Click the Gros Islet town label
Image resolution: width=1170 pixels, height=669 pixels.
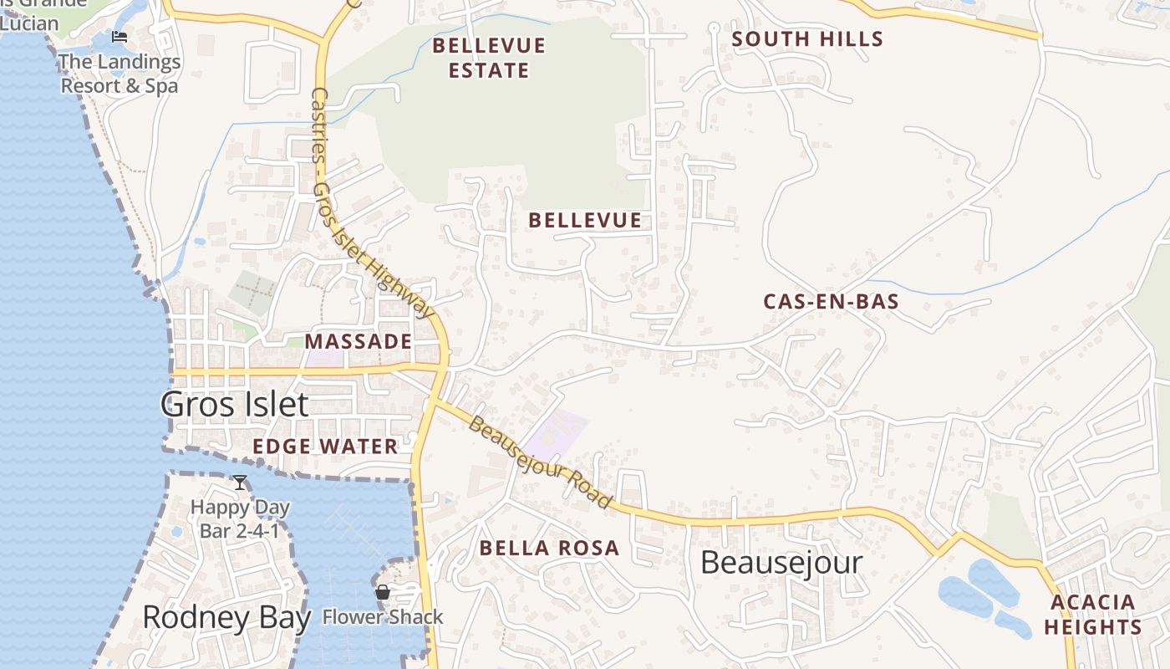[234, 405]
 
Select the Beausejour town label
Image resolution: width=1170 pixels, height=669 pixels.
[781, 562]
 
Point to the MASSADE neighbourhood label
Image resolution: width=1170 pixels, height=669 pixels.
[358, 341]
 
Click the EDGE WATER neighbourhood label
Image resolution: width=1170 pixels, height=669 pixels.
[325, 447]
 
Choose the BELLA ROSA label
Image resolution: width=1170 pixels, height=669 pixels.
[549, 549]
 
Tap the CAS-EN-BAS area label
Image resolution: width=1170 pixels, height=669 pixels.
[831, 302]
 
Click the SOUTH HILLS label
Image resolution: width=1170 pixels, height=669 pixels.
[807, 39]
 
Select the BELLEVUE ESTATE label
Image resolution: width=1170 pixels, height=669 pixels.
[489, 58]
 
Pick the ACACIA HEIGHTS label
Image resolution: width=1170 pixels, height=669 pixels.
[1093, 615]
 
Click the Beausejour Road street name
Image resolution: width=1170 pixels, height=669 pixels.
[540, 462]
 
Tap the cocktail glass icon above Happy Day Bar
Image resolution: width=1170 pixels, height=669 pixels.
[240, 483]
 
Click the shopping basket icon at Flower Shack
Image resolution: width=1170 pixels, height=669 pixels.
[383, 593]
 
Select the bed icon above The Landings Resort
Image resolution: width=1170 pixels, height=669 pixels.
[120, 37]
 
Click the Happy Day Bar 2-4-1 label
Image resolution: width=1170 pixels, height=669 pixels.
[240, 518]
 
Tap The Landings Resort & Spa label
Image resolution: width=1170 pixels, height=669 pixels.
[120, 74]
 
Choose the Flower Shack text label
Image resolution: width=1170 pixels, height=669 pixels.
[383, 618]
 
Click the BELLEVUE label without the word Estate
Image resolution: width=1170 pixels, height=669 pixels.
[585, 221]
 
